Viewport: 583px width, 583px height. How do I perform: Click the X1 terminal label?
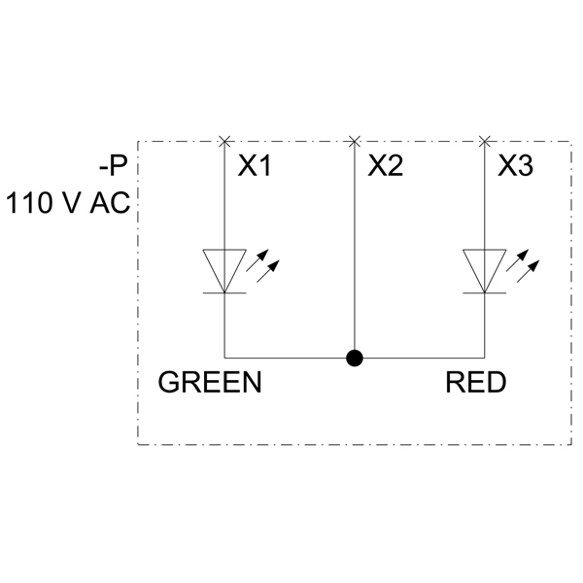coord(255,165)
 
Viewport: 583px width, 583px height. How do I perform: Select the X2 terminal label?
coord(386,165)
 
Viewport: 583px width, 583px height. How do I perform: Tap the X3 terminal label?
coord(516,165)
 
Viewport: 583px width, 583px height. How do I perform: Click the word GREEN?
coord(210,382)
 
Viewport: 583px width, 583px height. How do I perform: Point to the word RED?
coord(476,382)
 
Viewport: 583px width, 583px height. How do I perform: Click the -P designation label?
coord(113,166)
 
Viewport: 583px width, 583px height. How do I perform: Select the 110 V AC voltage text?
coord(68,203)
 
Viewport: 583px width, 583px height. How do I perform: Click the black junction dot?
coord(355,358)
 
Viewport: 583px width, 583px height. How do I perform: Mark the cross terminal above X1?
coord(224,141)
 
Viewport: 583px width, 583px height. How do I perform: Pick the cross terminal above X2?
coord(355,141)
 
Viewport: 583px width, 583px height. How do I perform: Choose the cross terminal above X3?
coord(484,141)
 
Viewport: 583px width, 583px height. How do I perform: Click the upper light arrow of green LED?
coord(257,260)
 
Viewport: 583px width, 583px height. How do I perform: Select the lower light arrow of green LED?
coord(268,271)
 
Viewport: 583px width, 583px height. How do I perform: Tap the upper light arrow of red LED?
coord(517,260)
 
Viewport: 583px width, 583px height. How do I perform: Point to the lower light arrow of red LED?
coord(528,271)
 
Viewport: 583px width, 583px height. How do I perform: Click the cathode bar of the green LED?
coord(224,293)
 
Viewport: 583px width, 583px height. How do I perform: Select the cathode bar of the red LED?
coord(485,293)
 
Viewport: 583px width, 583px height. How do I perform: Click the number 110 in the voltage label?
coord(28,203)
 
